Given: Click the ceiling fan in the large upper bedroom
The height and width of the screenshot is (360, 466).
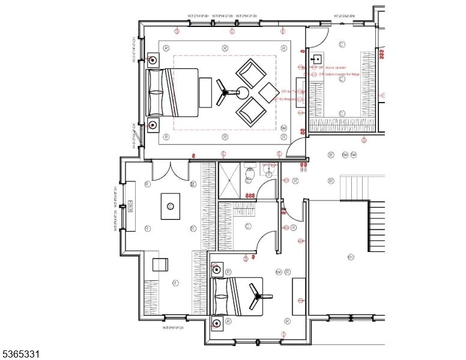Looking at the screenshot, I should (226, 92).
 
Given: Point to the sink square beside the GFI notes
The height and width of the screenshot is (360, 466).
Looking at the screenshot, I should (316, 59).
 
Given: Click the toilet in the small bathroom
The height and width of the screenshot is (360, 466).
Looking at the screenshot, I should (252, 174).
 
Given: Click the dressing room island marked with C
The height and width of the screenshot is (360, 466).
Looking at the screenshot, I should (171, 206).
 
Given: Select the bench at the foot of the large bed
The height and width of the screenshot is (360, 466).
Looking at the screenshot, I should (205, 92).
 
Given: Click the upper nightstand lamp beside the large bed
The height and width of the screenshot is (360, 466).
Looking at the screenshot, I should (153, 60).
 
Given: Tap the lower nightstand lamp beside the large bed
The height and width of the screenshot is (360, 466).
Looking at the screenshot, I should (153, 124).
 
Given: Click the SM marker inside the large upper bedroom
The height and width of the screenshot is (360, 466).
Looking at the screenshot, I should (284, 128).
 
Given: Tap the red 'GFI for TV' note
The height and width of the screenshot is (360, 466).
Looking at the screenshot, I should (292, 92).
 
